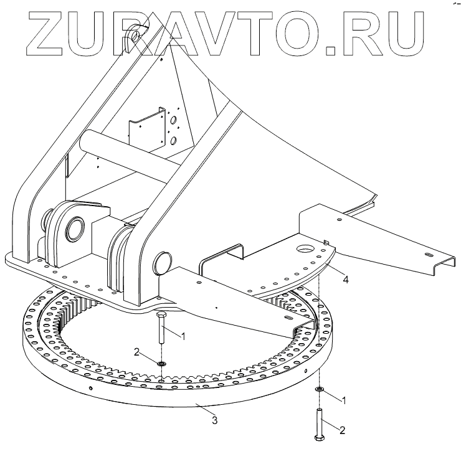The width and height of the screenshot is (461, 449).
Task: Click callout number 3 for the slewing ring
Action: click(214, 420)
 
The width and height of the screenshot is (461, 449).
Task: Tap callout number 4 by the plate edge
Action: click(345, 280)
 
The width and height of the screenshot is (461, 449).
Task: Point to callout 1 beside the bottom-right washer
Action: click(343, 399)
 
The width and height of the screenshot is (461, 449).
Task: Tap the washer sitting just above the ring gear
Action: click(161, 364)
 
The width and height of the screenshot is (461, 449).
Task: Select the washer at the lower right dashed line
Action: click(319, 389)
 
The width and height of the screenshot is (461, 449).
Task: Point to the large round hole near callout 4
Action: click(307, 250)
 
